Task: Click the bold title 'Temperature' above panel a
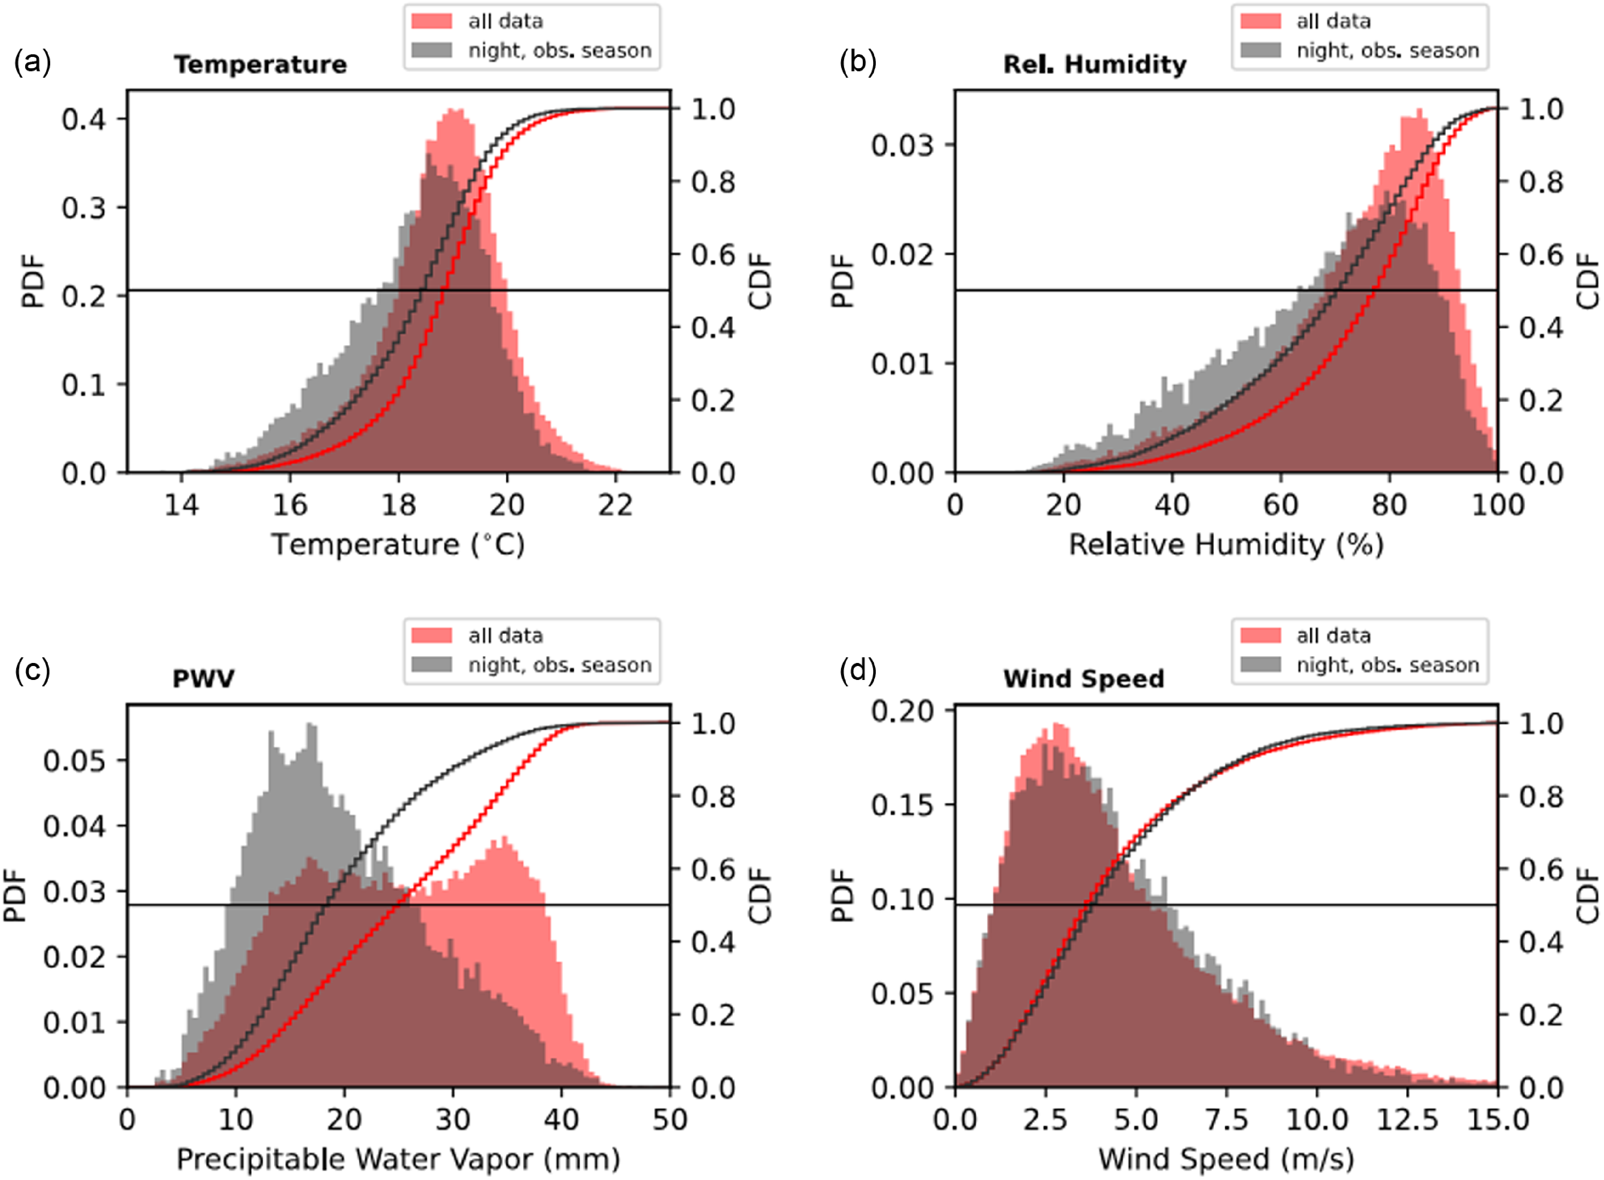[260, 64]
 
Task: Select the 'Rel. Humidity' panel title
[1094, 64]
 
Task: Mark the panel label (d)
[857, 671]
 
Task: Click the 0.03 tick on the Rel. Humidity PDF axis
[902, 145]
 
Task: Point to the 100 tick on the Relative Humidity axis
[1498, 506]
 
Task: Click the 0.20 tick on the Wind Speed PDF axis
[902, 711]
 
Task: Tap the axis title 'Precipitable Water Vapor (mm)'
[398, 1159]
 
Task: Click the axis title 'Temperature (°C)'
[398, 544]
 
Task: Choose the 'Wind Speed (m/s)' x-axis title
[1226, 1159]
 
